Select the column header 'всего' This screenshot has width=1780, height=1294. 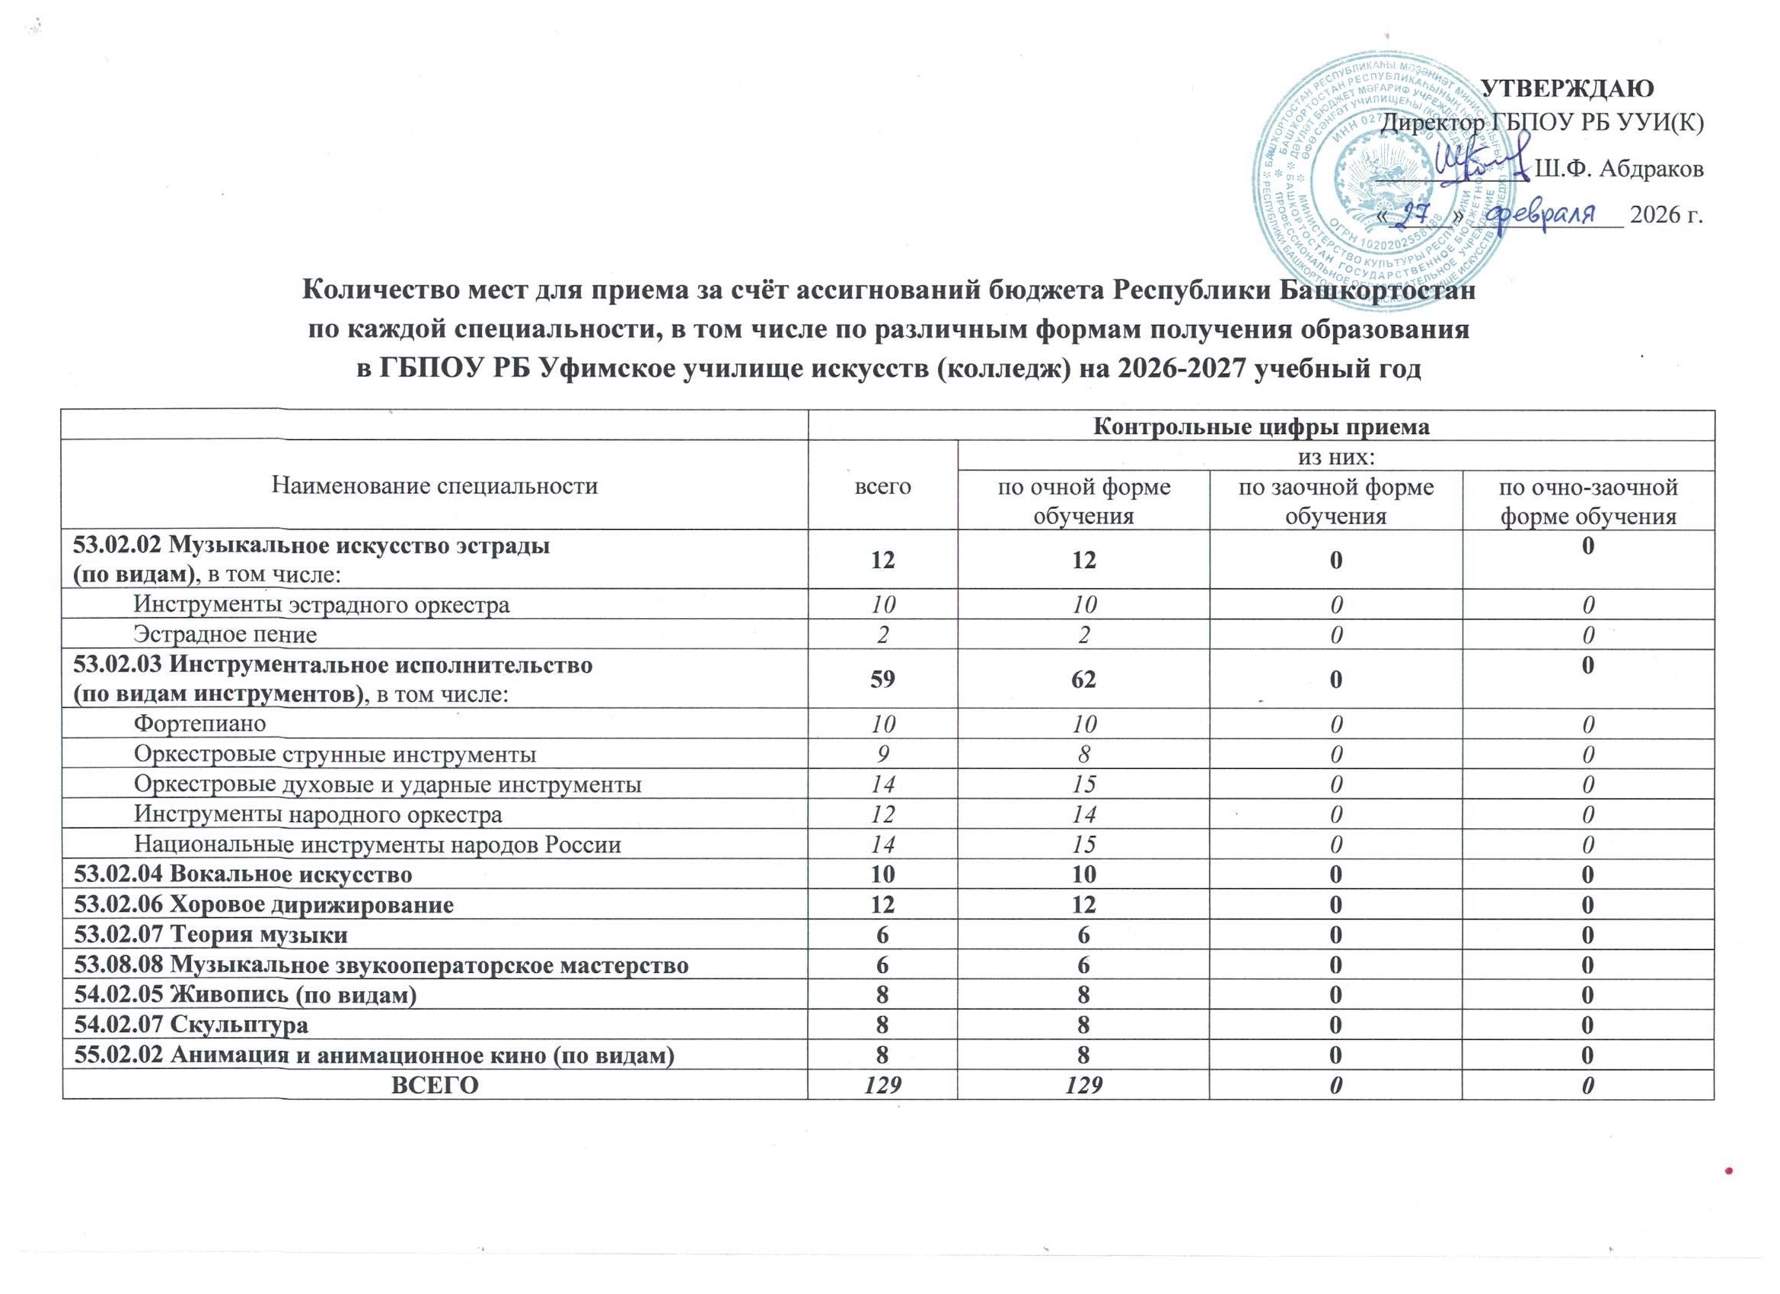click(883, 486)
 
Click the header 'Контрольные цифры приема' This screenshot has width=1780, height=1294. click(1262, 427)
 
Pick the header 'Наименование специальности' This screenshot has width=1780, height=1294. click(435, 486)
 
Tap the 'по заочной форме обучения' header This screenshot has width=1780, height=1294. click(1336, 501)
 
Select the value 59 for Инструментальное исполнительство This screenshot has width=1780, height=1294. click(883, 680)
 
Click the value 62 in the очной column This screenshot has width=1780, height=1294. click(1084, 680)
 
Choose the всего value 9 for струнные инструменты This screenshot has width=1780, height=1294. click(883, 755)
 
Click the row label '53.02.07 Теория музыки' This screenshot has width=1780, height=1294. click(210, 935)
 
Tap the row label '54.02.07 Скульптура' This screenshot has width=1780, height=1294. click(190, 1024)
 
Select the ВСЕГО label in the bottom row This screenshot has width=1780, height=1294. click(435, 1085)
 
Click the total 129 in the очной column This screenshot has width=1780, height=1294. click(1084, 1085)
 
